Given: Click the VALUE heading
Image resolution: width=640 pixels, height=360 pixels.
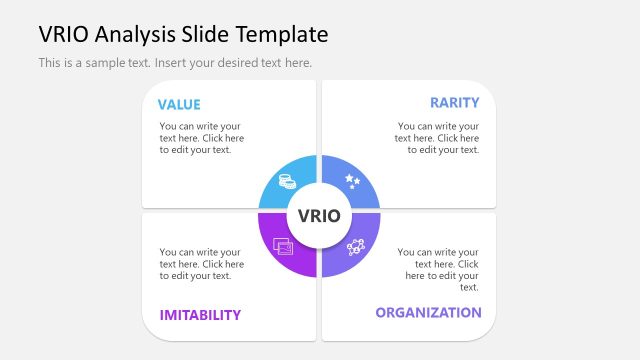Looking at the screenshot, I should (x=179, y=104).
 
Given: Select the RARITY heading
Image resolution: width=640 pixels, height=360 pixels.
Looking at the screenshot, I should (x=454, y=102).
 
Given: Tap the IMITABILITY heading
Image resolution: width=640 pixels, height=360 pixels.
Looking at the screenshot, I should (x=200, y=314).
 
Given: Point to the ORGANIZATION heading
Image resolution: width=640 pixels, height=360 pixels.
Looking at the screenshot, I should (x=428, y=312).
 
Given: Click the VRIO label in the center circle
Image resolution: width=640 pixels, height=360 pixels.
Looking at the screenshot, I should (x=319, y=216).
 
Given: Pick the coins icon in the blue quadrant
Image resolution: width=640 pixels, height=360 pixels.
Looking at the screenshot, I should (x=287, y=182).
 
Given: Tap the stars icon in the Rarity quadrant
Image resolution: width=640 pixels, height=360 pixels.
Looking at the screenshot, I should (x=352, y=181).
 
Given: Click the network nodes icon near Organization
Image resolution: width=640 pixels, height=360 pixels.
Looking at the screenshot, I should (x=356, y=247).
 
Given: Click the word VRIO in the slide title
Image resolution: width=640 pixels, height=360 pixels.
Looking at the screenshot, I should (x=62, y=34).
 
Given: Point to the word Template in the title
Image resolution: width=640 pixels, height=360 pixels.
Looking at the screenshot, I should (x=283, y=34).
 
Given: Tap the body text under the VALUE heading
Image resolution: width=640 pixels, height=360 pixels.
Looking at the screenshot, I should (x=201, y=138).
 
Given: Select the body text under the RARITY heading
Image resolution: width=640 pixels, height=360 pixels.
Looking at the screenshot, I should (x=437, y=138).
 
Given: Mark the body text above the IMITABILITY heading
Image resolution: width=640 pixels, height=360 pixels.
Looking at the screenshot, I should (x=201, y=264).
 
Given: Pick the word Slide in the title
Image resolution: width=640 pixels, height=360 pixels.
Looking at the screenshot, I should (x=208, y=34).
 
